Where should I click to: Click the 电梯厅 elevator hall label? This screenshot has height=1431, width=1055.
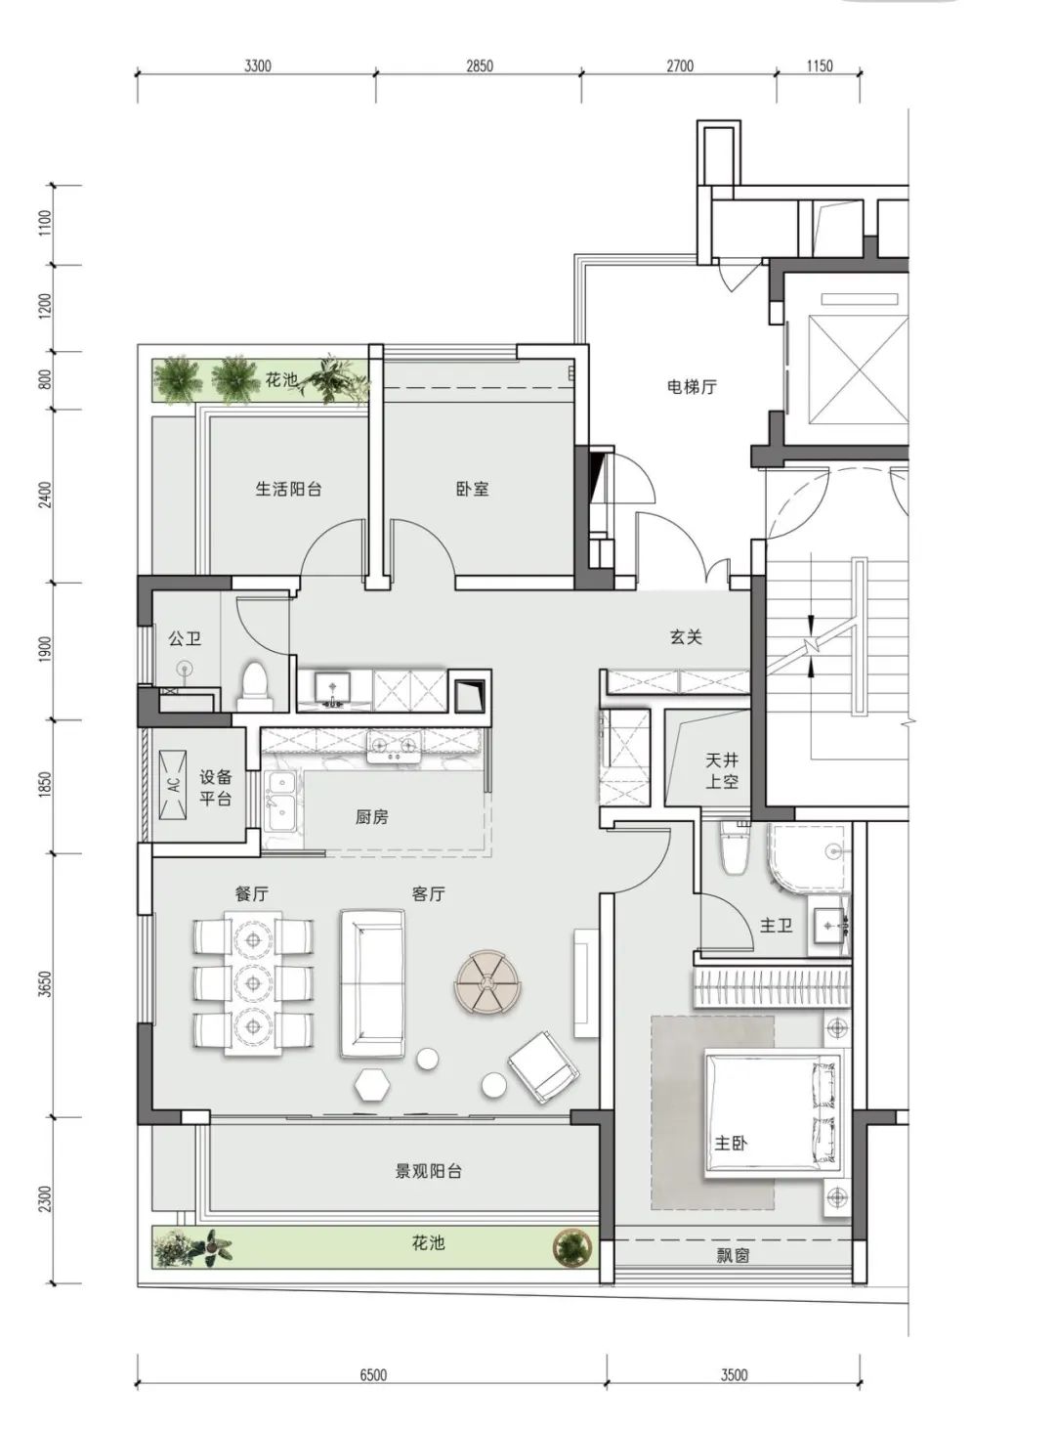[692, 386]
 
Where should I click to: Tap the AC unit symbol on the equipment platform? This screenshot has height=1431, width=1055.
[173, 785]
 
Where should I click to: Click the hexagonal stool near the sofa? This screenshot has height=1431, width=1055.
[373, 1083]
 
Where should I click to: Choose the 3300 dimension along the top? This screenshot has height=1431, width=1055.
[257, 65]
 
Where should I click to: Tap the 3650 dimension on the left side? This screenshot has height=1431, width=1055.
[45, 985]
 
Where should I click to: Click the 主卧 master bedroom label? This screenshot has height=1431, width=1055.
[731, 1143]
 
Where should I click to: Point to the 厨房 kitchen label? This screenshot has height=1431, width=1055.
[371, 817]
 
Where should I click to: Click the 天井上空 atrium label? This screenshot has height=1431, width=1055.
[722, 770]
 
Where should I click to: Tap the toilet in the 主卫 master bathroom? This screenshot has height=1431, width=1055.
[734, 847]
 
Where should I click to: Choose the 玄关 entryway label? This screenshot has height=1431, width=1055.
[686, 637]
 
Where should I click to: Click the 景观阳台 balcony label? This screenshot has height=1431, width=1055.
[428, 1171]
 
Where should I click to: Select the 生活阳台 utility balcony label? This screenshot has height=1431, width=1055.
[288, 490]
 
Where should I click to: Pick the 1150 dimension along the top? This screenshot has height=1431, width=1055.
[820, 65]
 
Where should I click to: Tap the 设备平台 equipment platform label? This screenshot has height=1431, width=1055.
[215, 789]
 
